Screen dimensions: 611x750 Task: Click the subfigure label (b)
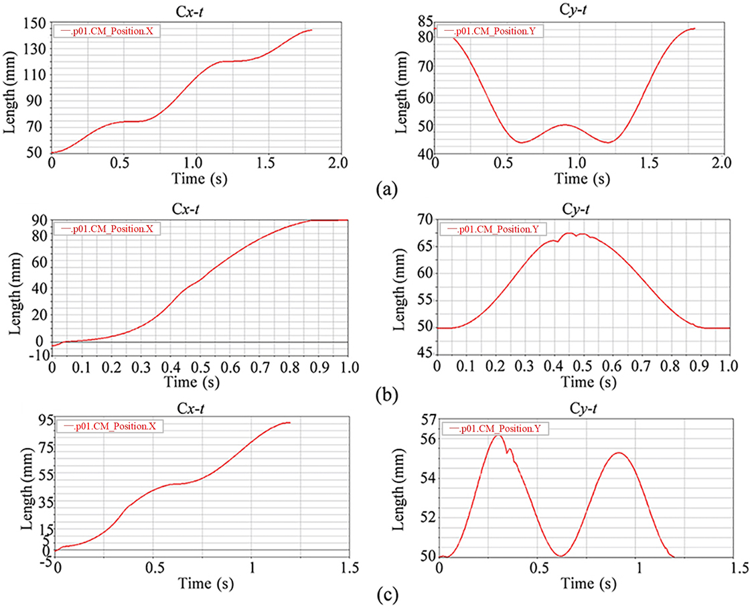387,394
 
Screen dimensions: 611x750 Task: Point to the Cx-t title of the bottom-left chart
195,406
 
